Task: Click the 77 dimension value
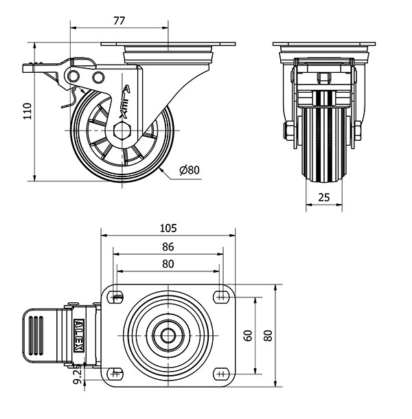119,21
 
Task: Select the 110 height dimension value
27,111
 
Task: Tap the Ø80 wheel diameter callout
190,170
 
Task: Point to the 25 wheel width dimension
324,197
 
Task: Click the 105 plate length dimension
168,228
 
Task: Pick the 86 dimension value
168,247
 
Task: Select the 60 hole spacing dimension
248,336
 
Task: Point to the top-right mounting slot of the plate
221,297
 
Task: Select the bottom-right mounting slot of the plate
221,374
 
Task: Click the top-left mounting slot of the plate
115,297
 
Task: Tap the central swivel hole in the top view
168,336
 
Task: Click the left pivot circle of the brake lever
73,77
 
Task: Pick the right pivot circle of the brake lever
98,78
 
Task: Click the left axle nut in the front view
288,131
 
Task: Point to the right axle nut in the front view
358,131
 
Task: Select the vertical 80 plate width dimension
268,336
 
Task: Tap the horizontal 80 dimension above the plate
168,264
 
